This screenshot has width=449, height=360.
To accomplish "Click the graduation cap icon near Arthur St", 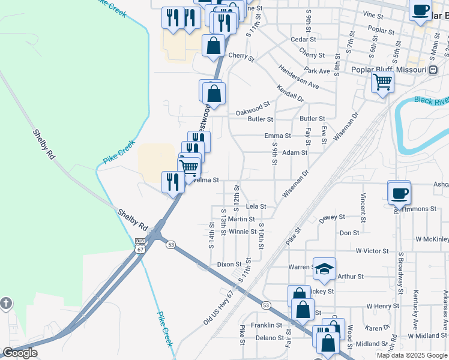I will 324,269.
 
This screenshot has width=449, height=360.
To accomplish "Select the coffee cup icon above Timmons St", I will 399,193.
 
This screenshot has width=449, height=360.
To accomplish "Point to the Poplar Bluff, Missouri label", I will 394,69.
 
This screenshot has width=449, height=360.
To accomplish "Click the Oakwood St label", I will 249,109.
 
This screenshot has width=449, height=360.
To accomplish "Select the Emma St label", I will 277,136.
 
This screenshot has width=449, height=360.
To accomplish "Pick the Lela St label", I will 256,206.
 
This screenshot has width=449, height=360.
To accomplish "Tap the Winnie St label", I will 243,232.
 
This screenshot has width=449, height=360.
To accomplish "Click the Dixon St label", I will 229,264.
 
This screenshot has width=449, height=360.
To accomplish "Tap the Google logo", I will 20,353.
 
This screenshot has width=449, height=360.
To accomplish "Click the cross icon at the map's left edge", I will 5,304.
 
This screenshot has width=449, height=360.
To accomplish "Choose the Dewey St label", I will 332,217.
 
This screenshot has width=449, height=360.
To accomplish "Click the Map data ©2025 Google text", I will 412,355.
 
